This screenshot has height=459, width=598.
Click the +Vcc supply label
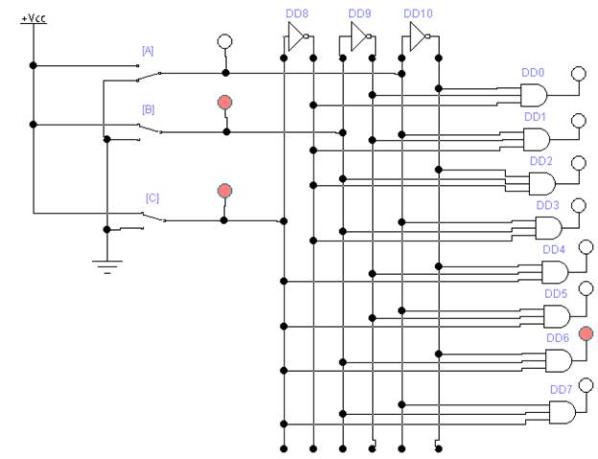click(34, 18)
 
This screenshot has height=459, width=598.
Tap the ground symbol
click(107, 266)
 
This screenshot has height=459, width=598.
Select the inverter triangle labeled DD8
click(295, 36)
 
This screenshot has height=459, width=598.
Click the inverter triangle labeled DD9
click(358, 36)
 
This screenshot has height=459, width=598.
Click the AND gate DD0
click(534, 95)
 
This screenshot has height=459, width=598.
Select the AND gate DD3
click(548, 228)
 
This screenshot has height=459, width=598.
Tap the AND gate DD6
click(559, 360)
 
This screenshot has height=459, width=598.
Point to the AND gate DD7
click(563, 412)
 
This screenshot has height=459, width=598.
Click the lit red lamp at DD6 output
click(586, 333)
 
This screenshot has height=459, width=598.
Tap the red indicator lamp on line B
click(224, 103)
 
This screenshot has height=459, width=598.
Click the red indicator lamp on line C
click(224, 191)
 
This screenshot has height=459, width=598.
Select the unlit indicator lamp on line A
click(224, 41)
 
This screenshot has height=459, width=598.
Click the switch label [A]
click(148, 51)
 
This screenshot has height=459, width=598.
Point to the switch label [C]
click(151, 198)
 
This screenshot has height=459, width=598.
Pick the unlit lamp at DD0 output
click(579, 74)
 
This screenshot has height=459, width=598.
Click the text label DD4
click(553, 249)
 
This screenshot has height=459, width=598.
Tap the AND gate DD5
click(557, 316)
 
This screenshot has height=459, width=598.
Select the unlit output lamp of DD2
click(579, 163)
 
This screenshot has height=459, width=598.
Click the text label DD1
click(535, 117)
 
